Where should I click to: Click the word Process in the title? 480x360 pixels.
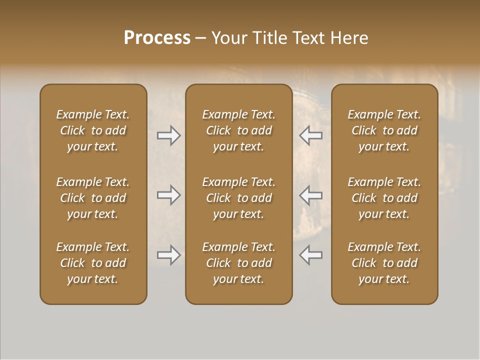click(157, 37)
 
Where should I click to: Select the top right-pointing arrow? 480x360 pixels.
click(169, 135)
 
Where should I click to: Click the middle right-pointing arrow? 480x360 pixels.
click(169, 195)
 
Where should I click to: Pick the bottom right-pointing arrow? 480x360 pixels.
click(169, 255)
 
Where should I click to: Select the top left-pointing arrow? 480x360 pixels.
click(310, 135)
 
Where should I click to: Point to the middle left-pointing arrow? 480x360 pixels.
click(310, 195)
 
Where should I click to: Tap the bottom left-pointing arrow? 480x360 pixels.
click(310, 255)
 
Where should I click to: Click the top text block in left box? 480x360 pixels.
click(93, 130)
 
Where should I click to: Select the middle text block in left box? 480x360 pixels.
click(93, 198)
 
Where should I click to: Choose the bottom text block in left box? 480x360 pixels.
click(93, 263)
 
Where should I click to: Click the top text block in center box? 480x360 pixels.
click(238, 130)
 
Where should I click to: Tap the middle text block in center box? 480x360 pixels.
click(238, 198)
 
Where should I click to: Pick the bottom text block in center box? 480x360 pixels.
click(238, 263)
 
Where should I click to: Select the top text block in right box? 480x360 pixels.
click(384, 130)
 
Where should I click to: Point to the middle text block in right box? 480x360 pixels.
click(384, 198)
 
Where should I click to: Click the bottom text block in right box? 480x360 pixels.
click(384, 263)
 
